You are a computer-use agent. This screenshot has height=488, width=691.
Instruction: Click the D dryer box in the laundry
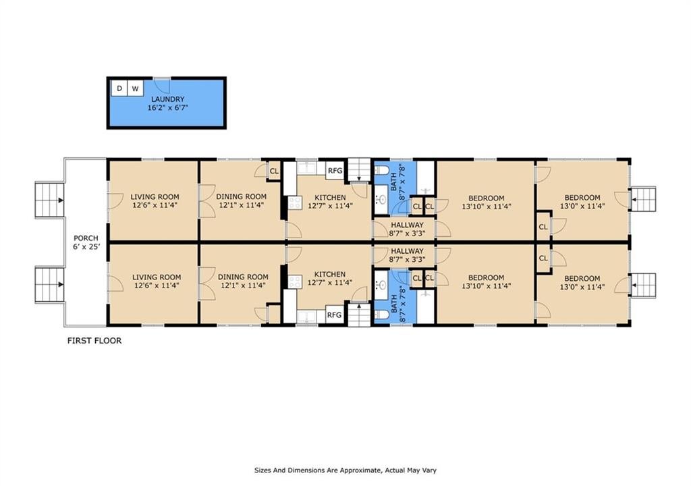[119, 88]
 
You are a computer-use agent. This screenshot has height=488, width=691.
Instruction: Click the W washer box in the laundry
[135, 88]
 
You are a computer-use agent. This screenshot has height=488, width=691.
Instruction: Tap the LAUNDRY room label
[168, 99]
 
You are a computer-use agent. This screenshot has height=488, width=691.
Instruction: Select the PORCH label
[86, 238]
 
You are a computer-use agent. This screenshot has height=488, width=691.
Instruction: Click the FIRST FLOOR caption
[94, 341]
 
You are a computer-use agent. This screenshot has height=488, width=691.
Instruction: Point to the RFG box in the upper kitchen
[335, 171]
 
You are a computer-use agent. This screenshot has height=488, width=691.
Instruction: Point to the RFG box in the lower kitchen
[335, 315]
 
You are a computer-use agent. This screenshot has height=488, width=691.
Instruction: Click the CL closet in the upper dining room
[274, 171]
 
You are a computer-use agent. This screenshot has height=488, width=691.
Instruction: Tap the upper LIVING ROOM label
[155, 197]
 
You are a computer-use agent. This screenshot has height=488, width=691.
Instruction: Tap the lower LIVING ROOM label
[157, 277]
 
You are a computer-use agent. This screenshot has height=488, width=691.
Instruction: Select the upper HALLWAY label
[407, 225]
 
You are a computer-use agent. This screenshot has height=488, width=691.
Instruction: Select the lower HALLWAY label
[407, 251]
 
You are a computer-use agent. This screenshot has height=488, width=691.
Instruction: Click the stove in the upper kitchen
[294, 202]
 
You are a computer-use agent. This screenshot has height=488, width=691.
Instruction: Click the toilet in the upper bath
[381, 169]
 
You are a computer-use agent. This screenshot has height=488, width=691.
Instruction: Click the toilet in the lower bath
[381, 315]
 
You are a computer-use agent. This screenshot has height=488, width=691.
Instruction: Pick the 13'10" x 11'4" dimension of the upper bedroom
[487, 207]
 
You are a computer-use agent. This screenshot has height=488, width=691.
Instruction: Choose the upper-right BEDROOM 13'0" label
[582, 198]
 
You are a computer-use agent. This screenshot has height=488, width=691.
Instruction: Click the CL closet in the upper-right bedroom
[543, 227]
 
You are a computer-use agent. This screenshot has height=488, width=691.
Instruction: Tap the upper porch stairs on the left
[50, 200]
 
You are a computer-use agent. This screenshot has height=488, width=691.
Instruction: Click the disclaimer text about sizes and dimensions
[345, 470]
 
